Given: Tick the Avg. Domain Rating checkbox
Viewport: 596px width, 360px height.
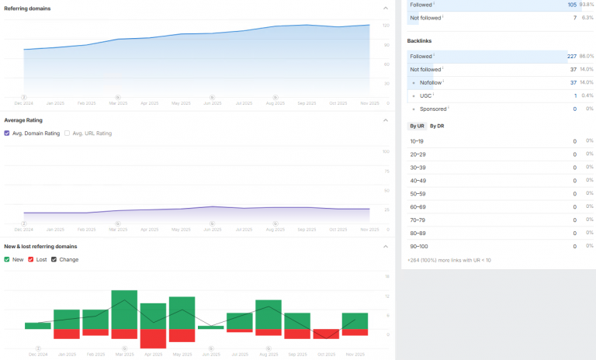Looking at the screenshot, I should coord(7,133).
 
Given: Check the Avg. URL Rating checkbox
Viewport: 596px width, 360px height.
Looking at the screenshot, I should coord(68,133).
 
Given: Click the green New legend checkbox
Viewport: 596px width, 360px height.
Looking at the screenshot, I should coord(7,259).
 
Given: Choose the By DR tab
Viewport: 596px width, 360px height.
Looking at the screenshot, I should coord(437,126).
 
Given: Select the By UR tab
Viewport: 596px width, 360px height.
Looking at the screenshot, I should coord(417,126).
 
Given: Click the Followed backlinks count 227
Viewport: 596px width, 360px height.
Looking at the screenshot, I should coord(573,55).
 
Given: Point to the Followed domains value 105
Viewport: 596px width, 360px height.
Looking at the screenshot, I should coord(573,5).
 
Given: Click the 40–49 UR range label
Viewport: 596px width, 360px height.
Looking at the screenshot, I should coord(417,181).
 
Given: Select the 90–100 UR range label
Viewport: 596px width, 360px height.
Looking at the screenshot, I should coord(418,246).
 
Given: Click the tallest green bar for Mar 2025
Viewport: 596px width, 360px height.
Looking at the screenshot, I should coord(124,310).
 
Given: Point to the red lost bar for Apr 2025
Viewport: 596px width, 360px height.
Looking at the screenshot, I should coord(153,338).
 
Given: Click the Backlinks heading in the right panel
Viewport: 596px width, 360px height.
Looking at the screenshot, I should coord(419,40).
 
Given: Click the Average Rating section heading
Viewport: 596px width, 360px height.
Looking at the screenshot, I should coord(23,120).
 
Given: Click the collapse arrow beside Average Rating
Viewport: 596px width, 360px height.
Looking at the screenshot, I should coord(386,120).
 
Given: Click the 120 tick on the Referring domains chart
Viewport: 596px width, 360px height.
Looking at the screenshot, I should coord(386,26).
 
